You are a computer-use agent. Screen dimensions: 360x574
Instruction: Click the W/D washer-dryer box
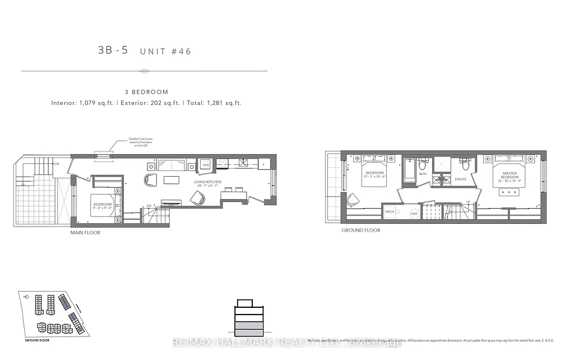pos(205,165)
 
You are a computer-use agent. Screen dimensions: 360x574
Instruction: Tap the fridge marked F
pos(263,165)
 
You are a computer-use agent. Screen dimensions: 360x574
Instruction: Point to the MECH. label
pos(390,213)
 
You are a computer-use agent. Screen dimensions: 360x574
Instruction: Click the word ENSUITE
pos(460,179)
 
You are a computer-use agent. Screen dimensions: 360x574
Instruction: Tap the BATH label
pos(422,174)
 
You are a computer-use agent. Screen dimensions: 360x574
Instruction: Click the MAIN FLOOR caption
pos(85,232)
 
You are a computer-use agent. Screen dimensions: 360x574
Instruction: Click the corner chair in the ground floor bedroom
pos(353,200)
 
